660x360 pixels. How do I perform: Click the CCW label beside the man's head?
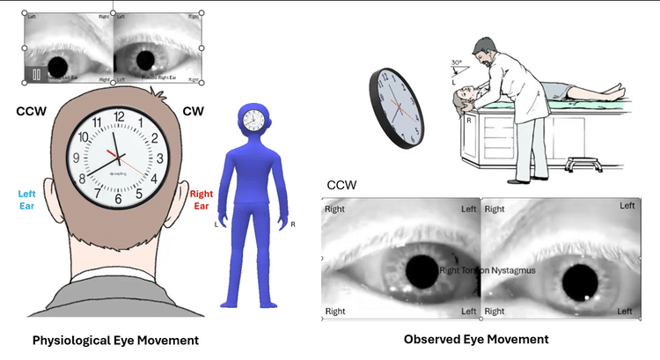coord(32,112)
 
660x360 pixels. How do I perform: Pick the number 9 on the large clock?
coord(77,159)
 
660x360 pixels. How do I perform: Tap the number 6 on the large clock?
coord(117,199)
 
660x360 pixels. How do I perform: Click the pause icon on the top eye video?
coord(37,74)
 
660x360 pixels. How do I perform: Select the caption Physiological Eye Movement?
coord(115,340)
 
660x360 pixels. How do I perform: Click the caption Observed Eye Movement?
coord(476,339)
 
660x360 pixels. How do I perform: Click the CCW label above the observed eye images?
coord(341,186)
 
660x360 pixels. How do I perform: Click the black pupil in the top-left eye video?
coord(61,66)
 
